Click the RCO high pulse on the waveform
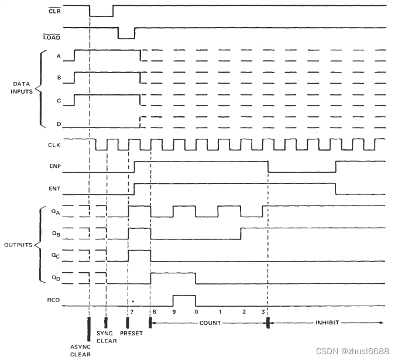[184, 296]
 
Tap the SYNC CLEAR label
[106, 337]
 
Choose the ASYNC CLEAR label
[80, 350]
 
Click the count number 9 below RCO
[174, 312]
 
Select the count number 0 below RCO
[196, 312]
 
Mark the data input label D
[59, 124]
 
